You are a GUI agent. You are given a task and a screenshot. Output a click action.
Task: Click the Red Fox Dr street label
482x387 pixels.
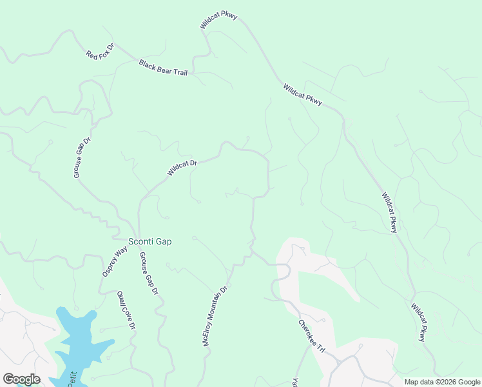100,52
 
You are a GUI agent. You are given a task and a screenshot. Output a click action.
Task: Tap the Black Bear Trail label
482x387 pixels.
163,68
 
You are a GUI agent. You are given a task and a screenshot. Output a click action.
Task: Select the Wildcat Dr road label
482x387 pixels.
182,168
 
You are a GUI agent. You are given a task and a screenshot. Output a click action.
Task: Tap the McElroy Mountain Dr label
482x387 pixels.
216,317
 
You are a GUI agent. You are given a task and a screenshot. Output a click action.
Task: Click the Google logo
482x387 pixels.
21,379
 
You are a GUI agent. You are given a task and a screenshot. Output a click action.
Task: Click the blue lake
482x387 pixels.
81,345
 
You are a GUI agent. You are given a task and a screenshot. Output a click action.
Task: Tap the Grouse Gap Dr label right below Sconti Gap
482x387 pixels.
149,273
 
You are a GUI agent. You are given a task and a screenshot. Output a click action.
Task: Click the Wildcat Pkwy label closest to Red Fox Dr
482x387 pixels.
219,20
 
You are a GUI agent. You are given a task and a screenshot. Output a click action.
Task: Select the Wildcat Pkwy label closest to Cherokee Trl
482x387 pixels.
419,322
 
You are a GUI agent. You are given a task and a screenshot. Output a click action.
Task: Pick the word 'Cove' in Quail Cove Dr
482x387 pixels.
126,312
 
